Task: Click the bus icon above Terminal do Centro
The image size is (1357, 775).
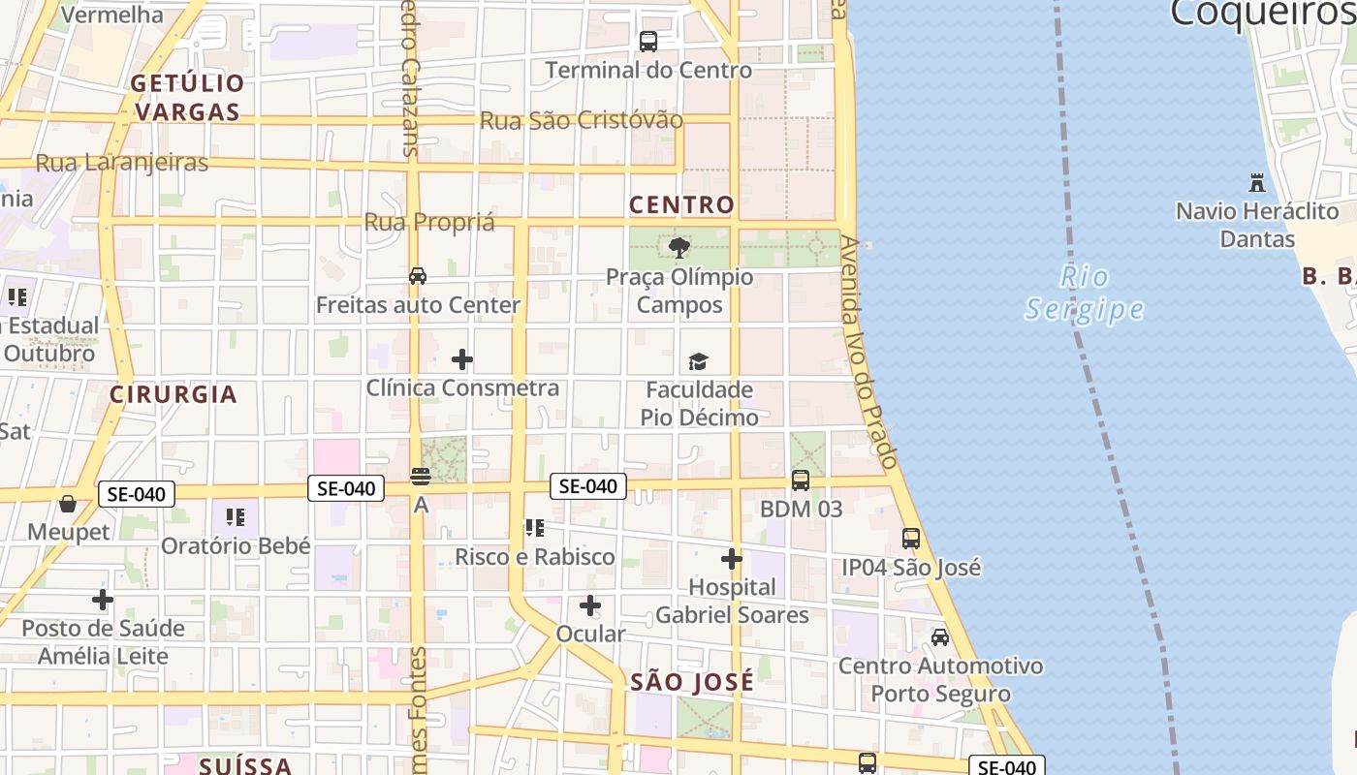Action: [x=648, y=42]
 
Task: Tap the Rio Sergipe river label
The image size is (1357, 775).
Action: [x=1085, y=293]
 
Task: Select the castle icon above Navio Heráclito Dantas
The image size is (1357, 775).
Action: [x=1257, y=182]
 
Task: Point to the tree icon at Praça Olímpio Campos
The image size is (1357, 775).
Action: [x=679, y=248]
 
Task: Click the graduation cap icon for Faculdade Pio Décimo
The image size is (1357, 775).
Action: [x=698, y=361]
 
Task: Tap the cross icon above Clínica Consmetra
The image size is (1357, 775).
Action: [x=462, y=360]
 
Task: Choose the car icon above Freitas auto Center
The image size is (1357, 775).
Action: [x=418, y=276]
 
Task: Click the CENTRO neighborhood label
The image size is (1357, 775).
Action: [x=681, y=205]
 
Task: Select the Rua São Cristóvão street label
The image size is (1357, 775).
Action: [x=582, y=121]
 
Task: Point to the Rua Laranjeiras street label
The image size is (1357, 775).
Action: [x=122, y=163]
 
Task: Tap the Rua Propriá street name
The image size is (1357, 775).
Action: [x=429, y=222]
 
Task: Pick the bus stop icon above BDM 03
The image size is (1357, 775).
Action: [x=801, y=480]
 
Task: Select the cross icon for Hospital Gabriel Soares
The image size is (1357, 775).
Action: [x=732, y=559]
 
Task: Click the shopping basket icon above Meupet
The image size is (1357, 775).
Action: [x=68, y=504]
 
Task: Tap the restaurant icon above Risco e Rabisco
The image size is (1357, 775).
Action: [x=534, y=528]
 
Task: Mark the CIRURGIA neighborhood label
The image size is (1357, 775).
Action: [x=174, y=394]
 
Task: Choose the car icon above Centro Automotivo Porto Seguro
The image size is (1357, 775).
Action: [x=940, y=637]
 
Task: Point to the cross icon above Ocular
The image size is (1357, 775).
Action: [x=590, y=606]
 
